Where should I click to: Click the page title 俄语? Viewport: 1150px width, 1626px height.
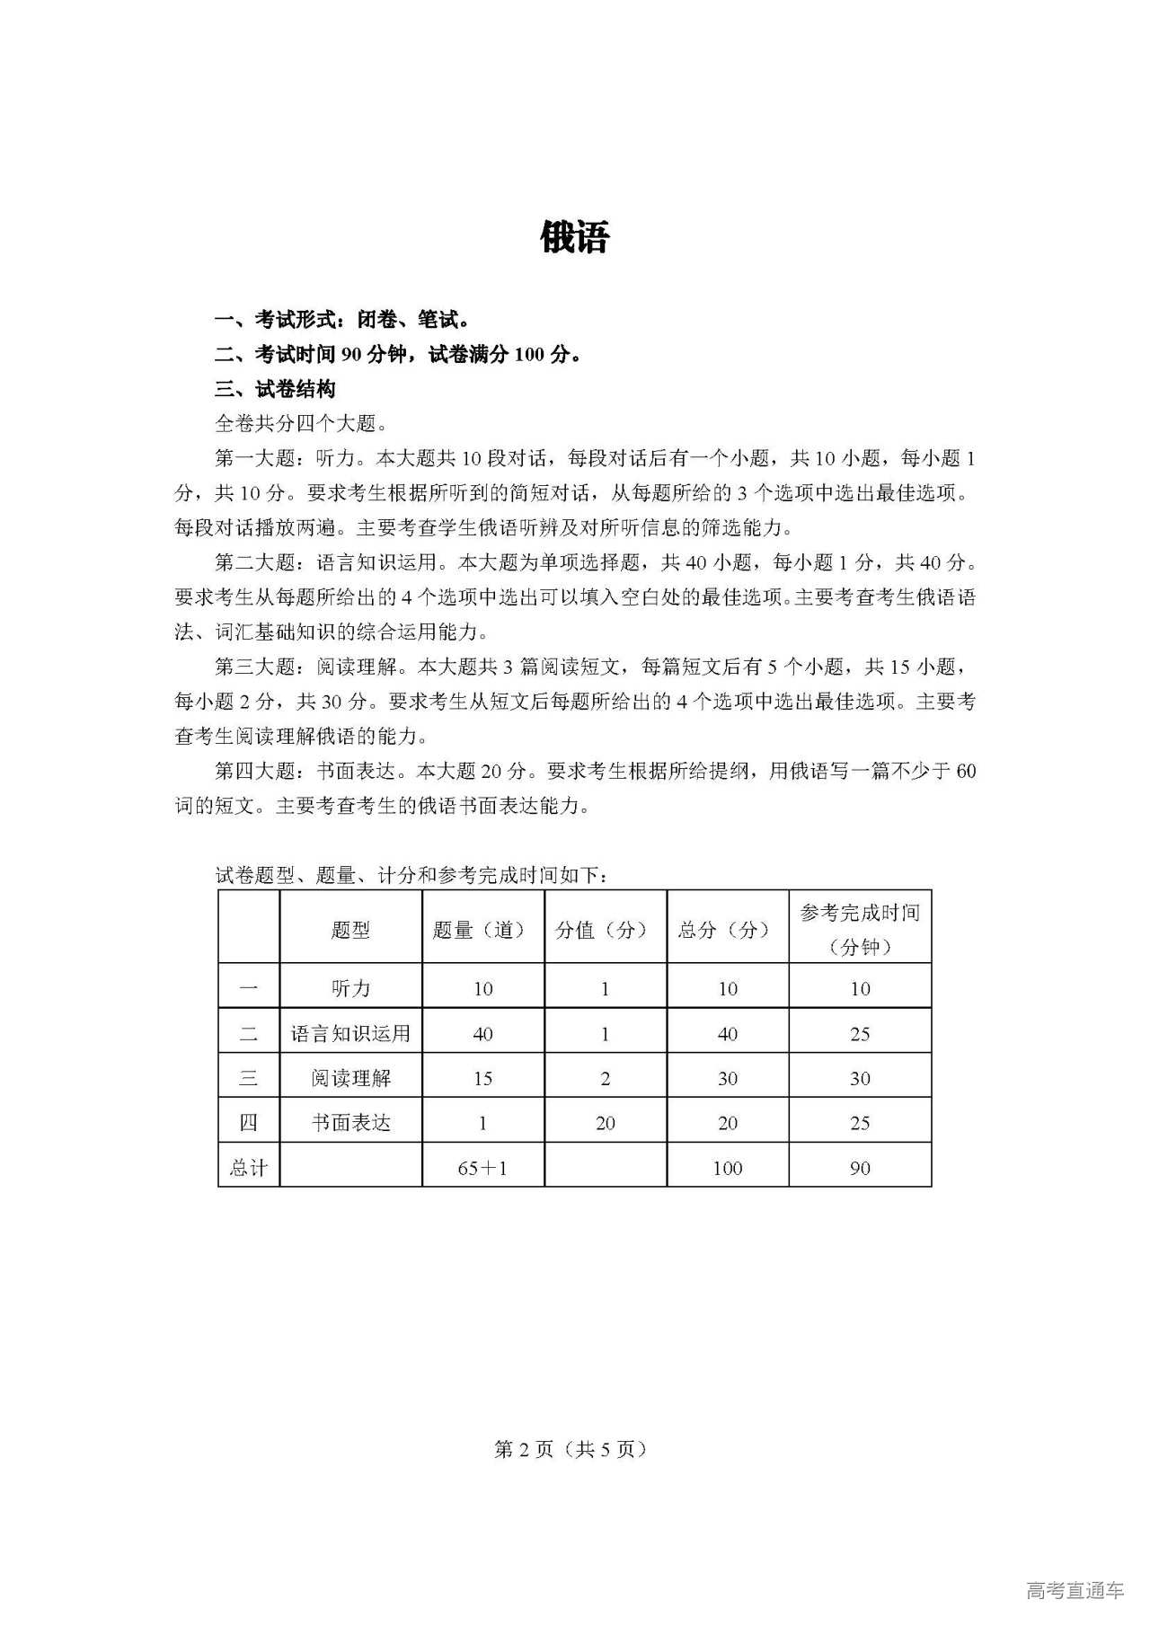coord(575,238)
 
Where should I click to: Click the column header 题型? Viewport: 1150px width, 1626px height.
coord(350,930)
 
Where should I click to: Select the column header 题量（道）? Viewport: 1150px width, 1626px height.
coord(482,930)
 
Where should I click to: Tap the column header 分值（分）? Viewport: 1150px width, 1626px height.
coord(605,930)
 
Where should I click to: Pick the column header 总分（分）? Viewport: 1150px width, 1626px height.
coord(727,930)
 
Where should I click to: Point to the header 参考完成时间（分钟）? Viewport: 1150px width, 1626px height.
coord(860,930)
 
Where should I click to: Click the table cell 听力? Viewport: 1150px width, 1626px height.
coord(350,988)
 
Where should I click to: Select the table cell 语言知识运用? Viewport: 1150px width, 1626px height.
coord(350,1033)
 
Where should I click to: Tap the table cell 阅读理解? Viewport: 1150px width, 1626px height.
coord(350,1078)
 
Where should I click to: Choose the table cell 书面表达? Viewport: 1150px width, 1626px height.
coord(350,1123)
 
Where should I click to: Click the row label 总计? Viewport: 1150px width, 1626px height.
coord(248,1168)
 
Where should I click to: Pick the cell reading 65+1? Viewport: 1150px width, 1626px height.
coord(482,1168)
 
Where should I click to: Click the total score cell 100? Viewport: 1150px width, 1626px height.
coord(727,1168)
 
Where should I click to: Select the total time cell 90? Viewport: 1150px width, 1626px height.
coord(860,1168)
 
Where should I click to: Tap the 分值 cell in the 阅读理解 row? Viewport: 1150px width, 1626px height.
coord(605,1078)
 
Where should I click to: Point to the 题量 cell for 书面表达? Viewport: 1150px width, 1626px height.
coord(482,1123)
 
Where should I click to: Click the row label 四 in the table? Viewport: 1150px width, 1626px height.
coord(248,1123)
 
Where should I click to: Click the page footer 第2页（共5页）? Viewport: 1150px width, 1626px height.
coord(571,1449)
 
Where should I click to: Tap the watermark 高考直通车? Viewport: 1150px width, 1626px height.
coord(1075,1591)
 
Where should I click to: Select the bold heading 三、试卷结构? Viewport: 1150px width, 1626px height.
coord(275,389)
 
